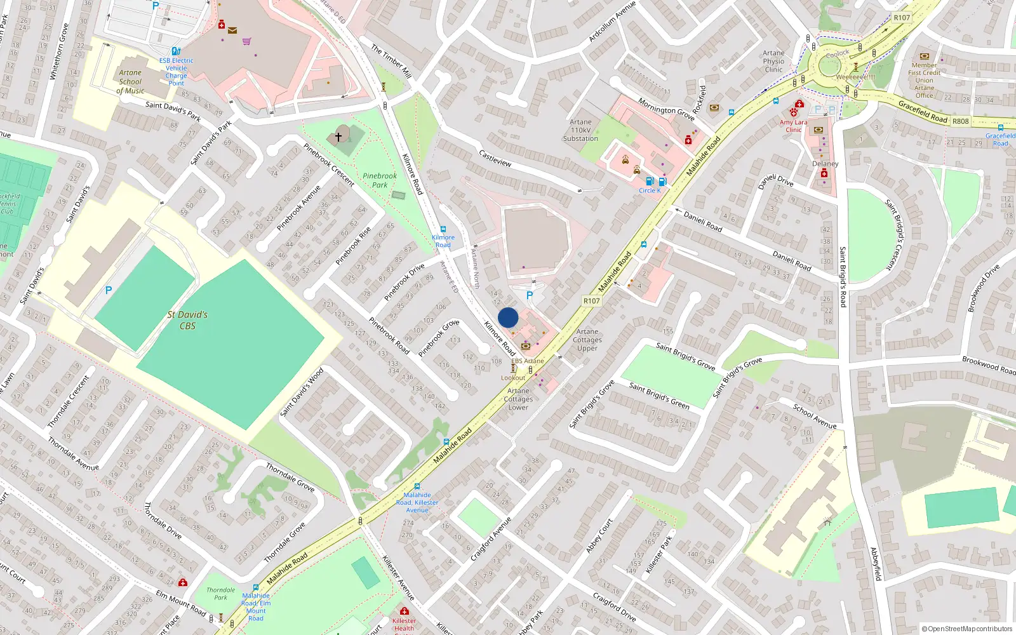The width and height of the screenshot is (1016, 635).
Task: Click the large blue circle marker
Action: [508, 317]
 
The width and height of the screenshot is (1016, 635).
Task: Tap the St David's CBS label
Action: [187, 320]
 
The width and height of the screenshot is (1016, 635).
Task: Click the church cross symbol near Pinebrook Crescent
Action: [338, 137]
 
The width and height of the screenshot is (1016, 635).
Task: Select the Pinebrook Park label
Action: [380, 180]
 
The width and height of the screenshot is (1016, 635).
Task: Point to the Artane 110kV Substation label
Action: [580, 130]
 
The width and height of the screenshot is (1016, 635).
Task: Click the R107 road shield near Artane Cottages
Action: [591, 301]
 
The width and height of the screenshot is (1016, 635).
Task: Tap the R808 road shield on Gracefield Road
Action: [960, 121]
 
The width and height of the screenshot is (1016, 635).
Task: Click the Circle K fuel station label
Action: [650, 190]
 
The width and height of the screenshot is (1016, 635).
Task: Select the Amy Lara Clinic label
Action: [794, 126]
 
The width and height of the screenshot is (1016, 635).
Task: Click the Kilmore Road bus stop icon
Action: [443, 229]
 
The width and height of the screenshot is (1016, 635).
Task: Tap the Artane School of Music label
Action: [130, 81]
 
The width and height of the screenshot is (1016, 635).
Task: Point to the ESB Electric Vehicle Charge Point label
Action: [176, 72]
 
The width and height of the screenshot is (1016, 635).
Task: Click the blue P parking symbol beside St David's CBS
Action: [109, 290]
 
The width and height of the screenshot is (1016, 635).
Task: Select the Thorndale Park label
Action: [220, 594]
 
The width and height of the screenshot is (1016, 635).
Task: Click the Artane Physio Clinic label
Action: [773, 62]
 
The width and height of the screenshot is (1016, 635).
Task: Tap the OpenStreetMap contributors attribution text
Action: [967, 629]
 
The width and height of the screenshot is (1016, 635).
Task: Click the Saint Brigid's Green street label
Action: [658, 395]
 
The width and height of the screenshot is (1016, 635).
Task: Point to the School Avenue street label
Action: [814, 416]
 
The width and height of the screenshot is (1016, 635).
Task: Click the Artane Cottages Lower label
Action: [518, 399]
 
